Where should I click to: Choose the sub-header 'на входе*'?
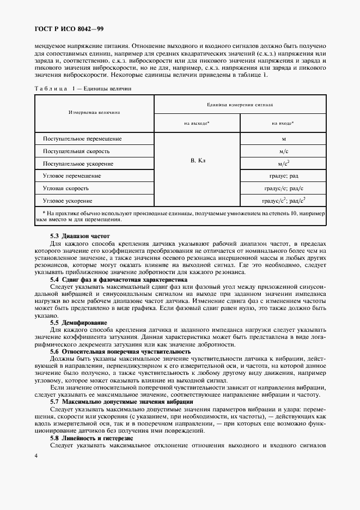pos(283,124)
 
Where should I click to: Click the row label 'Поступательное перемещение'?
pos(82,139)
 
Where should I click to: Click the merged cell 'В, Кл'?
pos(197,162)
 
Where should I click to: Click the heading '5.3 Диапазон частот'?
pos(80,236)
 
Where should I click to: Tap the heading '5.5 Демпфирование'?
pos(78,323)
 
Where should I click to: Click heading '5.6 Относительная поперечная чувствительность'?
pos(120,352)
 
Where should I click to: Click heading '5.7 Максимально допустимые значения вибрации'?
pos(121,402)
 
